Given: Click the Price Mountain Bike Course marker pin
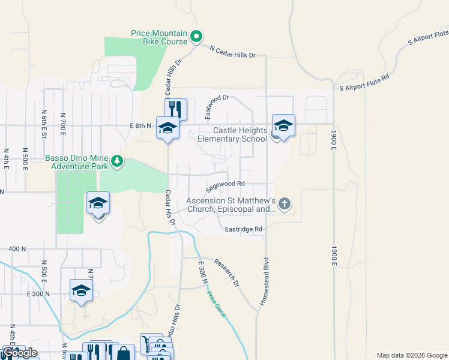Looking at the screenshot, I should point(196,37).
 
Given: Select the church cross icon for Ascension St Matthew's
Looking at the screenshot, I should point(285,205).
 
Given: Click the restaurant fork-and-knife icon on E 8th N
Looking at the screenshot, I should point(176,109).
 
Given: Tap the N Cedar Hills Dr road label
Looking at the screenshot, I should point(233,52).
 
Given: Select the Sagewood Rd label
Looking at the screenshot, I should point(226,184).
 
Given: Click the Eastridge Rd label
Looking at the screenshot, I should point(244,229).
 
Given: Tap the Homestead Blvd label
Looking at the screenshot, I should point(264,282).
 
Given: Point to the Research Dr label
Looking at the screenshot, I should point(227,272).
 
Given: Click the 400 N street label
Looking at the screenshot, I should point(17,248).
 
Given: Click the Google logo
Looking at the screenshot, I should point(20,353).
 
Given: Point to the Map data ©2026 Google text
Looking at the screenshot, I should point(412,355).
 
